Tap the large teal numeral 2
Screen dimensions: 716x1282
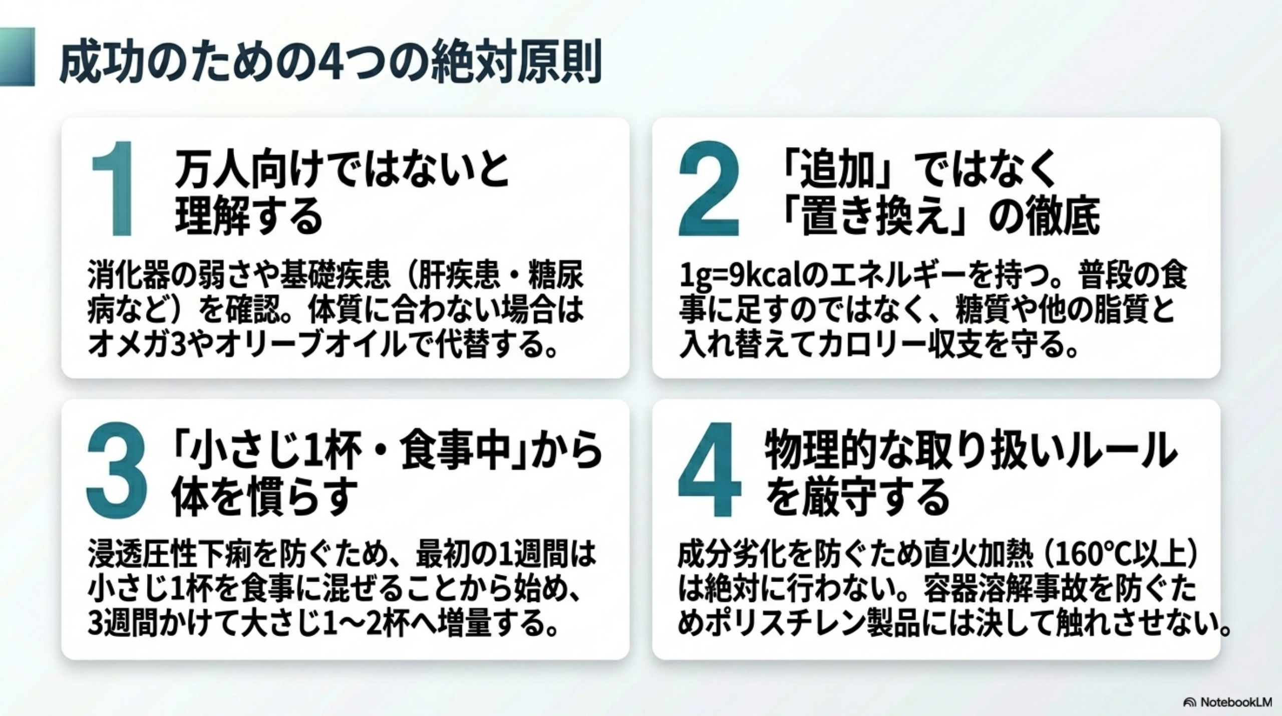pyautogui.click(x=709, y=189)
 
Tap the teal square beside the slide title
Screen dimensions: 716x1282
pyautogui.click(x=17, y=57)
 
